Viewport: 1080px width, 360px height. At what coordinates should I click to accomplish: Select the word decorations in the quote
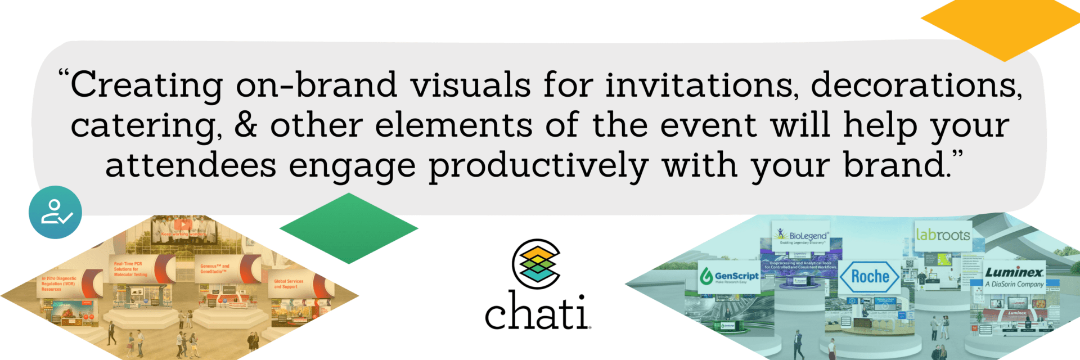pyautogui.click(x=916, y=85)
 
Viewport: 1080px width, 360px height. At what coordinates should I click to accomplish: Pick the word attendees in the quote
pyautogui.click(x=191, y=166)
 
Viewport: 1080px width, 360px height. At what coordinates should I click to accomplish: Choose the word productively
pyautogui.click(x=538, y=167)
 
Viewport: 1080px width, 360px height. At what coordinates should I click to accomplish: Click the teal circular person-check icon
pyautogui.click(x=55, y=212)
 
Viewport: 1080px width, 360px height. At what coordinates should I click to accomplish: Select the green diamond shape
pyautogui.click(x=349, y=228)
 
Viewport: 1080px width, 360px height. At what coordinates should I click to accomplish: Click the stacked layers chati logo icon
pyautogui.click(x=536, y=263)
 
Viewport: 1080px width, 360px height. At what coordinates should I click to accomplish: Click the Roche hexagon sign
pyautogui.click(x=870, y=277)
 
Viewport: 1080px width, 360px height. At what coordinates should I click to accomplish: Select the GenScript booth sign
pyautogui.click(x=730, y=276)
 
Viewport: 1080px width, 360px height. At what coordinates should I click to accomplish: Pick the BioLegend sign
pyautogui.click(x=802, y=236)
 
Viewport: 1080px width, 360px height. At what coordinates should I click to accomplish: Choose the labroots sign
pyautogui.click(x=943, y=235)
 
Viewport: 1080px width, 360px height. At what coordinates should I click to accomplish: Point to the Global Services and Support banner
pyautogui.click(x=289, y=284)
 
